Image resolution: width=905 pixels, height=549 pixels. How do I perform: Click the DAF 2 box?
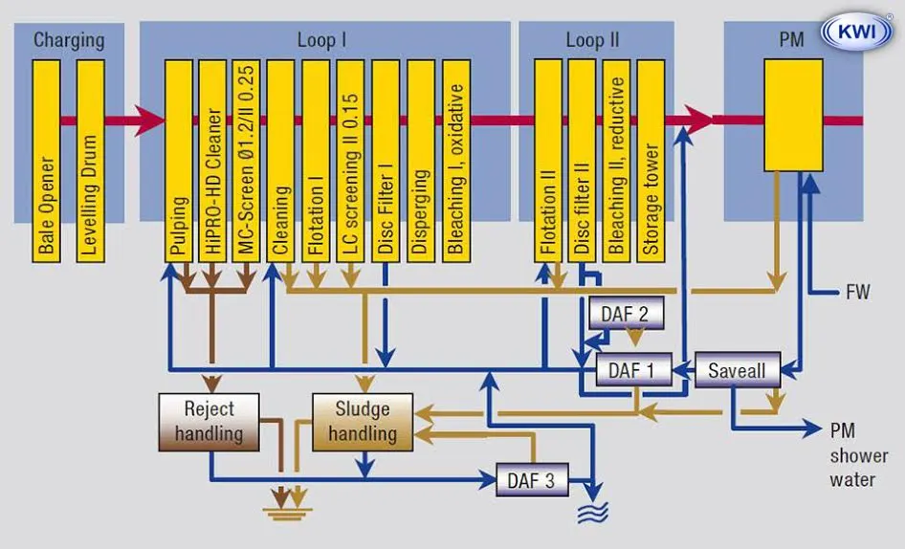(x=626, y=313)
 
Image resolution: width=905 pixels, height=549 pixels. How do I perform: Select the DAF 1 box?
(x=632, y=369)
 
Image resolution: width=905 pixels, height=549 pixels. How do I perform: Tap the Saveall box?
(x=738, y=369)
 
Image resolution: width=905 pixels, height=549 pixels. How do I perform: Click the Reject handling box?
(x=209, y=421)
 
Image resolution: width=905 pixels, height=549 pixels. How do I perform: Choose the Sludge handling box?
(x=363, y=421)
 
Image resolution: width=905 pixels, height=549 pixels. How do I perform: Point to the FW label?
(x=857, y=292)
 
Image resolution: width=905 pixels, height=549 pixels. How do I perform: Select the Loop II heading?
(x=592, y=40)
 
